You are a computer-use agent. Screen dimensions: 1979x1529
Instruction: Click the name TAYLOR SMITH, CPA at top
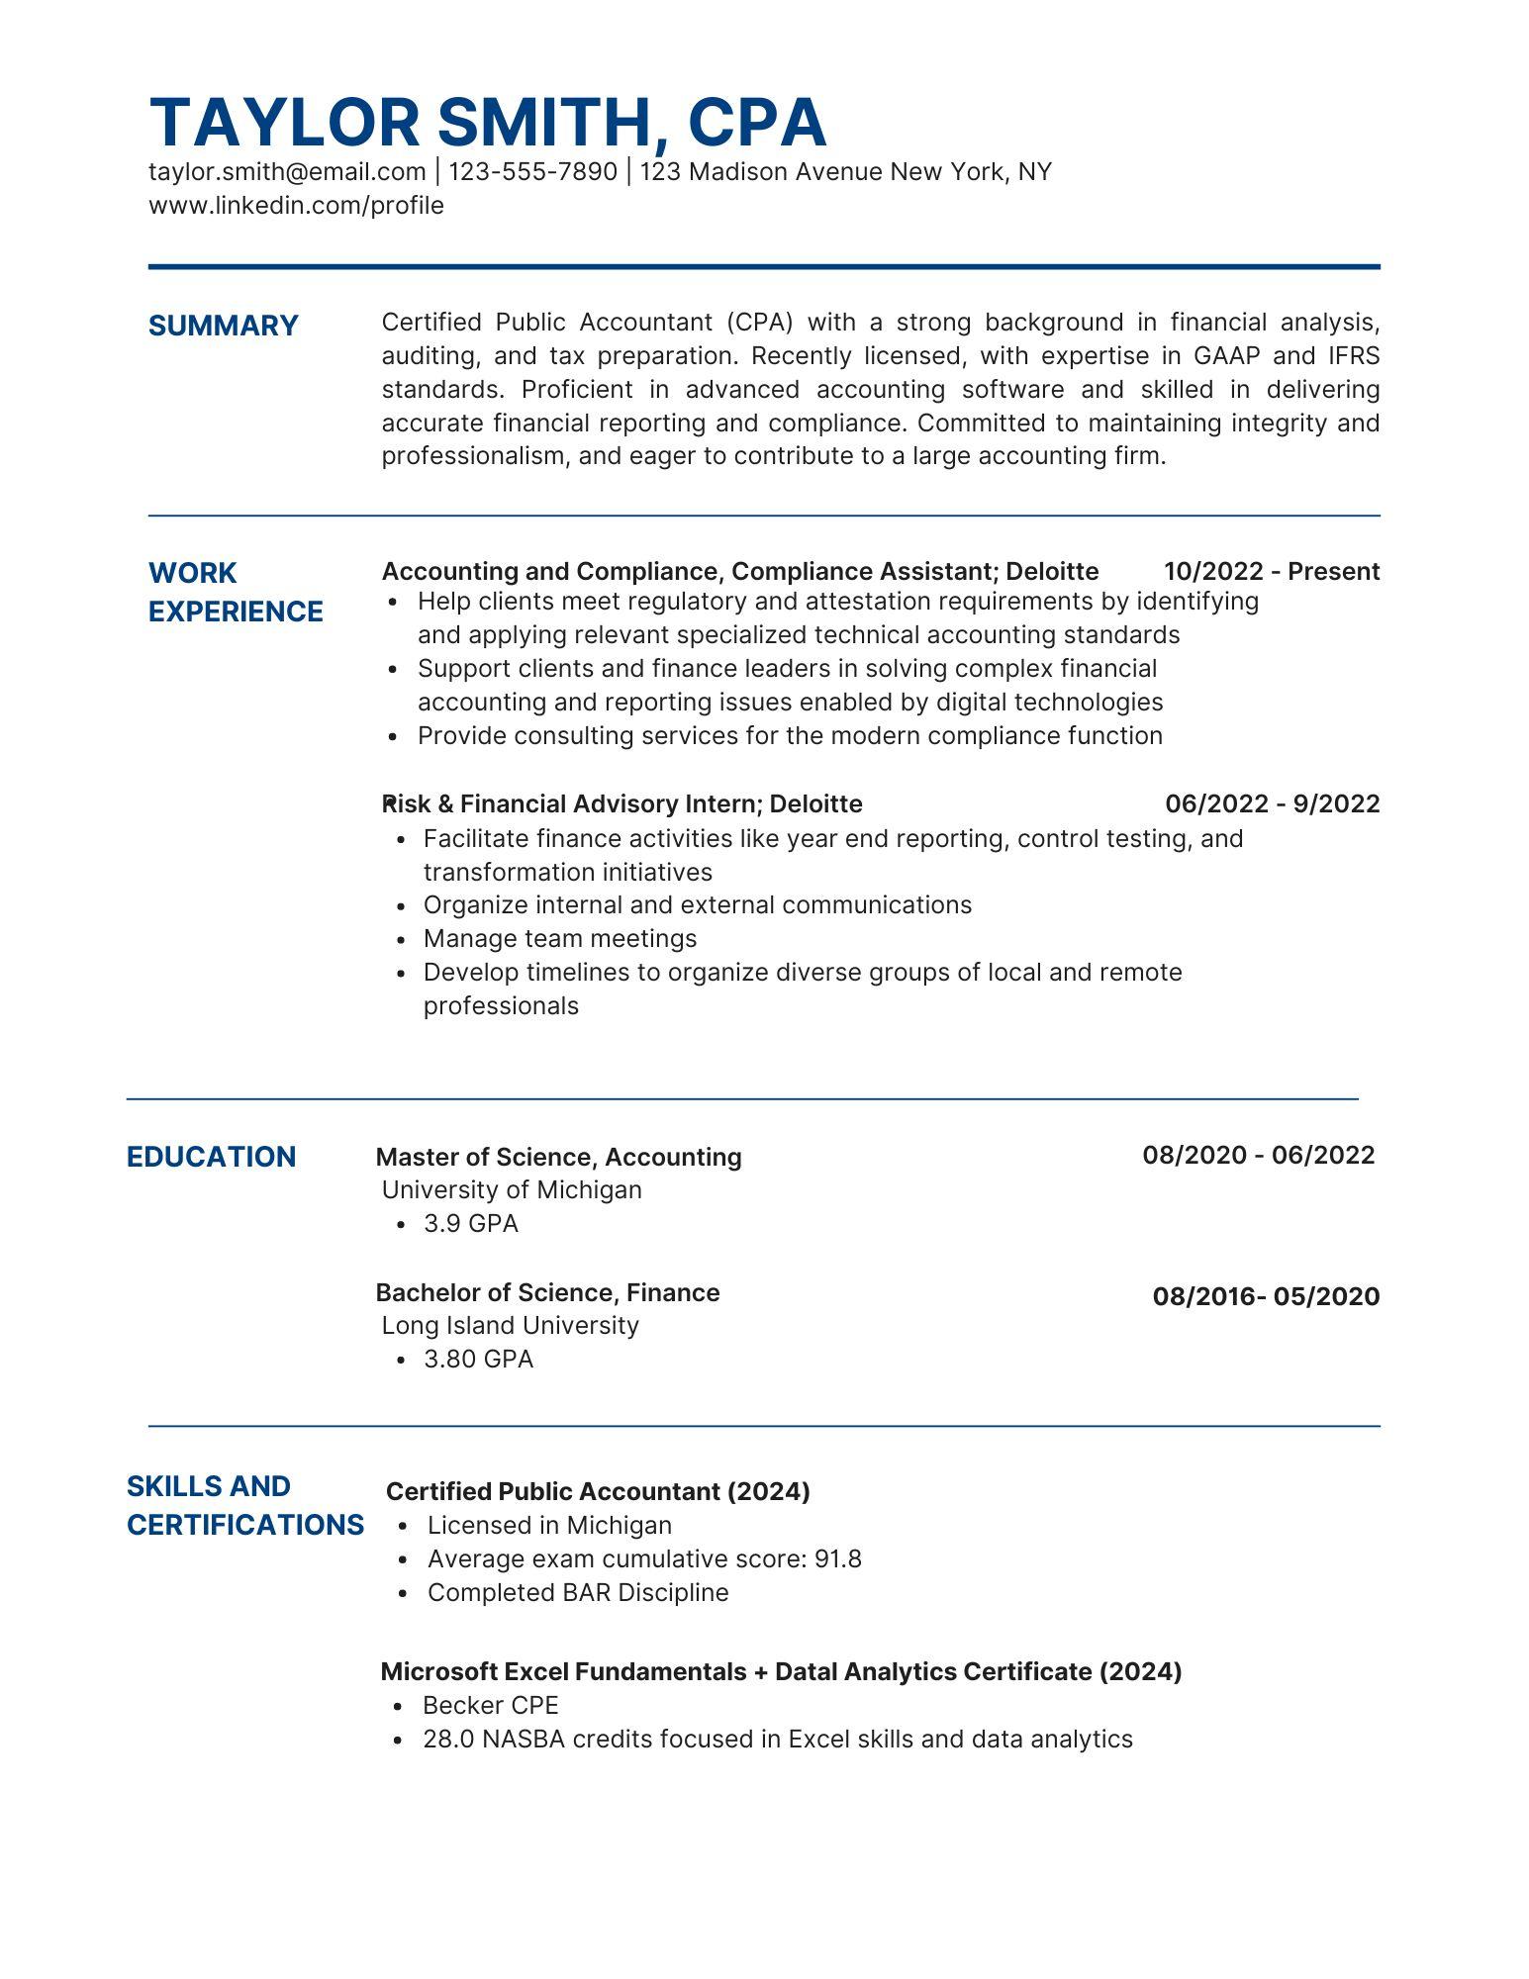tap(487, 123)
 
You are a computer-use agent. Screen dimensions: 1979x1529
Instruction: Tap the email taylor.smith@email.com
tap(287, 172)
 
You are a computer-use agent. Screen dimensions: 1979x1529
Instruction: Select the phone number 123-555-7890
tap(532, 172)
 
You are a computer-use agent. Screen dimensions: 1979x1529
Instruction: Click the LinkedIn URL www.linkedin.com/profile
tap(296, 206)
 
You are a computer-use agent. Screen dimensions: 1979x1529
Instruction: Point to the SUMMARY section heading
tap(223, 326)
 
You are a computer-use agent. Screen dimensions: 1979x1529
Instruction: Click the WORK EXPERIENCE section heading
tap(236, 592)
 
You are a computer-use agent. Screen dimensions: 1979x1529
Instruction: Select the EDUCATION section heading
tap(211, 1157)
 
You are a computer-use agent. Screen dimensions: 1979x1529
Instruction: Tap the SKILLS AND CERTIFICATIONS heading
tap(244, 1505)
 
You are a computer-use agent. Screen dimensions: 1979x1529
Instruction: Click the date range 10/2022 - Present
tap(1271, 572)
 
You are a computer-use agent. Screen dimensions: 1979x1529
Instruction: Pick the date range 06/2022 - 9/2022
tap(1272, 803)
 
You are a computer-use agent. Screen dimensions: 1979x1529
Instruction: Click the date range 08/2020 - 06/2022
tap(1258, 1155)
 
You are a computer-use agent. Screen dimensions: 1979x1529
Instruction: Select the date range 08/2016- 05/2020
tap(1265, 1296)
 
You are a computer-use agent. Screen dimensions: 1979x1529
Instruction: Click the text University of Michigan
tap(512, 1189)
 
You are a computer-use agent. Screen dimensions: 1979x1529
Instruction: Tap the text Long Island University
tap(510, 1325)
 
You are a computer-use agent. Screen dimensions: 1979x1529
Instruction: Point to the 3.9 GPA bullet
tap(470, 1224)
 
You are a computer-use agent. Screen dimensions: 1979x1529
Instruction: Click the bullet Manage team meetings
tap(559, 938)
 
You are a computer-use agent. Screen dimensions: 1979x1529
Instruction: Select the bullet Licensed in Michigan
tap(548, 1525)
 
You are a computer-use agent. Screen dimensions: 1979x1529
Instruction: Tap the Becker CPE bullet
tap(490, 1705)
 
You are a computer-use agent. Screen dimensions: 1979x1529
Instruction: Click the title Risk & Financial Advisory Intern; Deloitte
tap(622, 803)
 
